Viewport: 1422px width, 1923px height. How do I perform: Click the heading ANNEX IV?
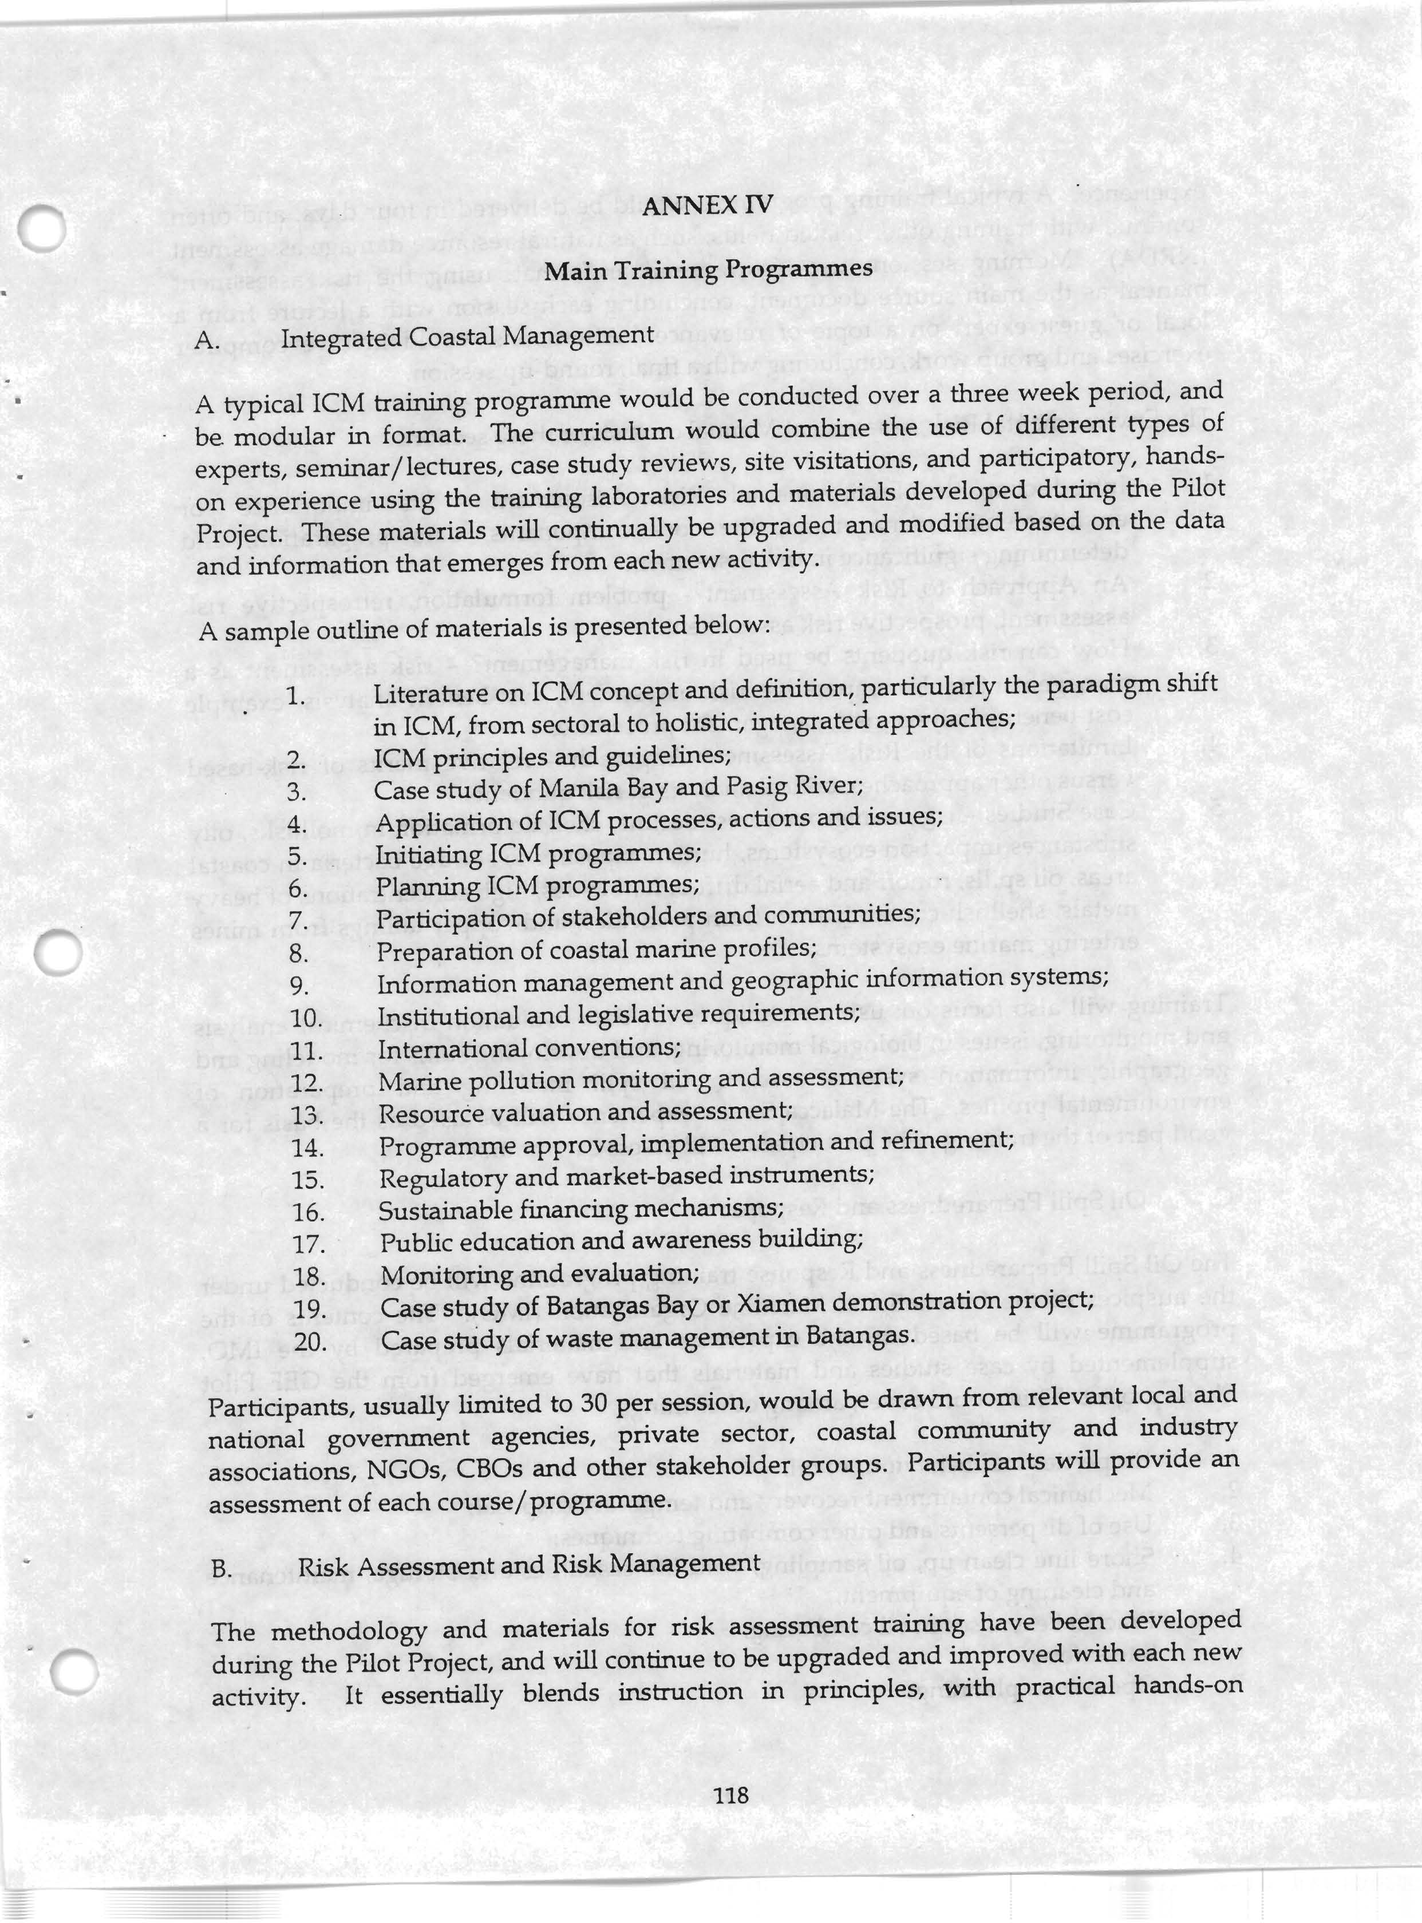point(708,207)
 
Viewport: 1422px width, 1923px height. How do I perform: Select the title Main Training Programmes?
point(708,270)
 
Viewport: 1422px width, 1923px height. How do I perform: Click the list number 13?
point(306,1116)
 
